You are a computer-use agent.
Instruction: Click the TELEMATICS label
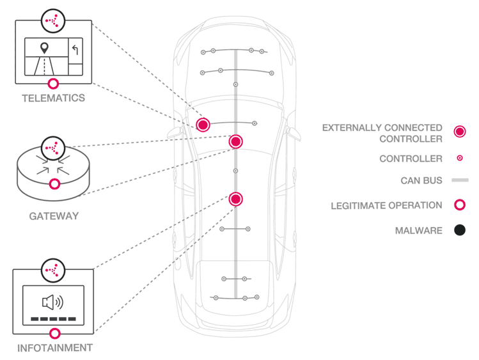coord(53,98)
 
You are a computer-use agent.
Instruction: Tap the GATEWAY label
coord(54,216)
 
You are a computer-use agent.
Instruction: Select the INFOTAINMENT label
coord(54,348)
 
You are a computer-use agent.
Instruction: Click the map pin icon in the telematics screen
coord(44,48)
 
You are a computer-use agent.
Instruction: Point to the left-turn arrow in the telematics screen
coord(75,50)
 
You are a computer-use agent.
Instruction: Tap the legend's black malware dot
coord(459,230)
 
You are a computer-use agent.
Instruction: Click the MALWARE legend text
coord(418,230)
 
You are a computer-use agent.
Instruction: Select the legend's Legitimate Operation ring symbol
coord(459,205)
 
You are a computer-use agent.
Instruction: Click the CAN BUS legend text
coord(421,181)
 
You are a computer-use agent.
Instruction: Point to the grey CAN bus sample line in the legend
coord(459,181)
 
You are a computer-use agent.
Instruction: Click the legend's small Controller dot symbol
coord(459,158)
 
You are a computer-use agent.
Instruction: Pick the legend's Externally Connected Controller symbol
coord(459,132)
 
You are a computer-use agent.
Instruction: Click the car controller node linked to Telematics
coord(203,124)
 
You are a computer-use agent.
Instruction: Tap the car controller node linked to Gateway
coord(235,141)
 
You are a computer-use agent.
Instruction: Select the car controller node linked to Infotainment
coord(235,199)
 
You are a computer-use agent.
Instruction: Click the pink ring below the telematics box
coord(54,83)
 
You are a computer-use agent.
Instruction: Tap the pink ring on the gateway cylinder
coord(55,184)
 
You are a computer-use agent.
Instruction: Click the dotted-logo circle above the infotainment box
coord(53,270)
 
